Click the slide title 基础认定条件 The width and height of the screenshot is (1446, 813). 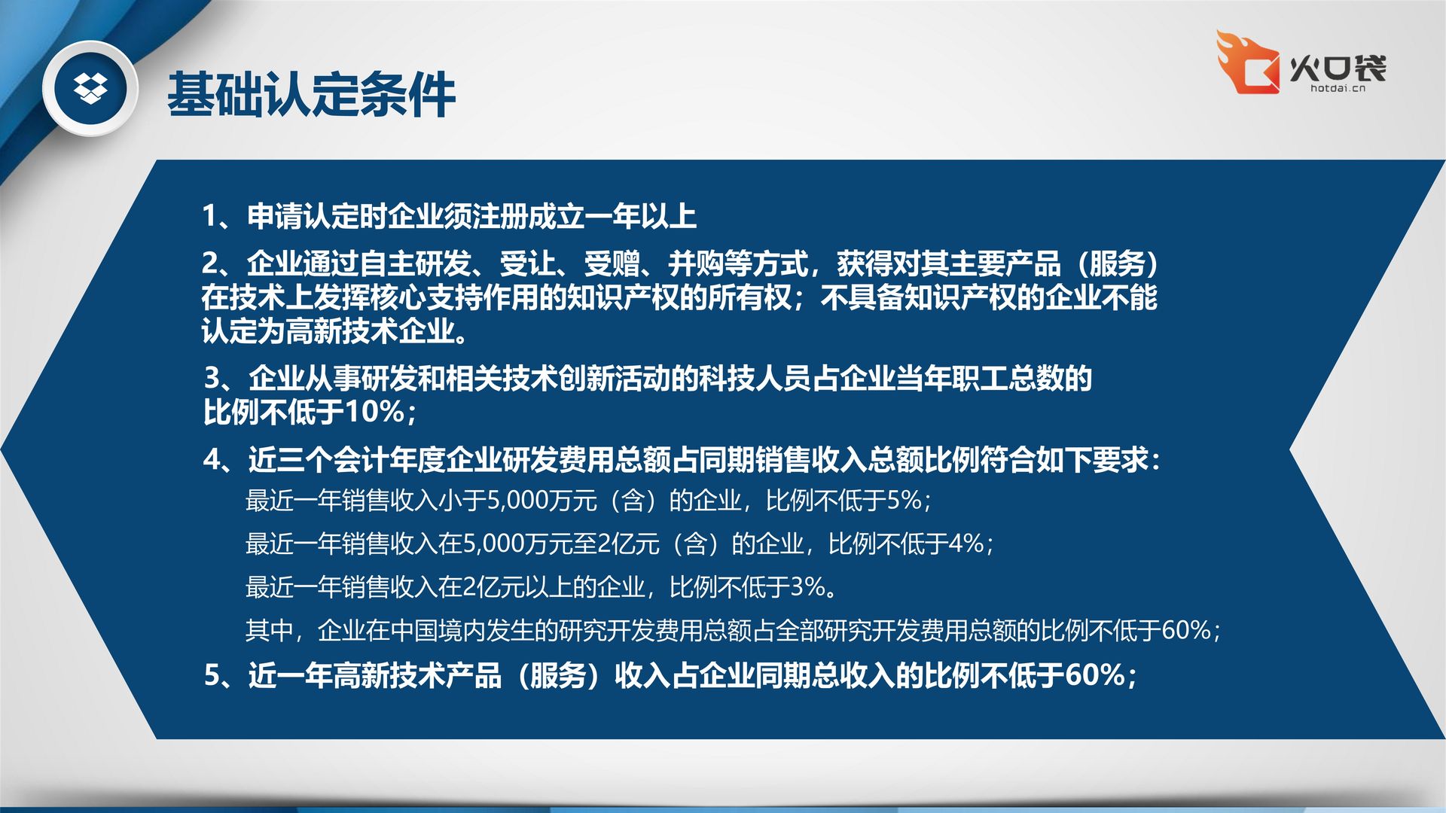[x=311, y=95]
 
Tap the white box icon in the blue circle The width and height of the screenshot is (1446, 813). [x=90, y=89]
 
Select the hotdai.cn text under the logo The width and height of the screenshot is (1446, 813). [x=1338, y=88]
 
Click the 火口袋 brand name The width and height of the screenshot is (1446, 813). [x=1338, y=68]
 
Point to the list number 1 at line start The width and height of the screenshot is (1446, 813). [x=210, y=216]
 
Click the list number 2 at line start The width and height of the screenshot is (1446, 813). [x=210, y=263]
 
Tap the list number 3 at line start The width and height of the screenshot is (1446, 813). [x=212, y=378]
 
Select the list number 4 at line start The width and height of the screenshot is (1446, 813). [x=212, y=459]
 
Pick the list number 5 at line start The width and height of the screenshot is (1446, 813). [x=212, y=675]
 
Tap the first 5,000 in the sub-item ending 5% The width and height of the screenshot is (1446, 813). [x=518, y=501]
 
